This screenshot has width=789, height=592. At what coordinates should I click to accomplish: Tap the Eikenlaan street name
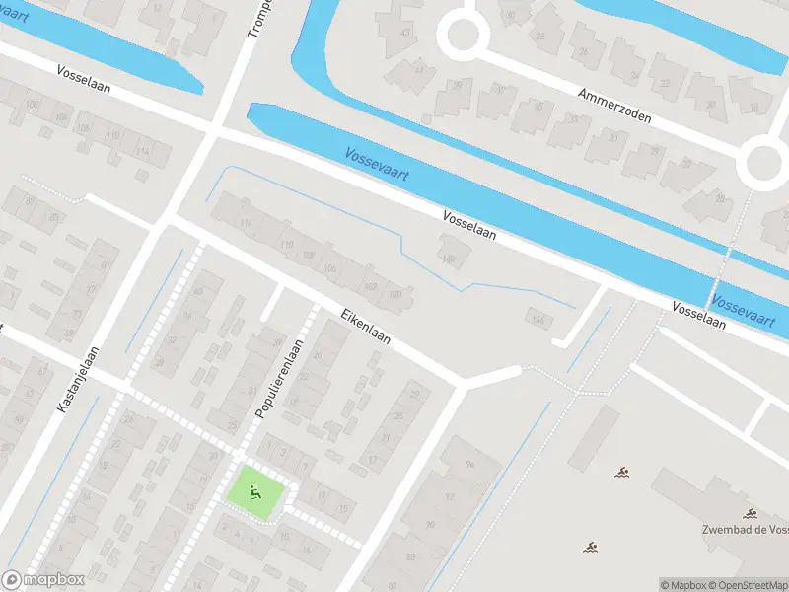click(366, 326)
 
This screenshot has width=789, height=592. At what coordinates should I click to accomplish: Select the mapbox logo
click(42, 580)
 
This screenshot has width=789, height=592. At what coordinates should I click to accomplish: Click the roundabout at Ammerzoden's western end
click(463, 36)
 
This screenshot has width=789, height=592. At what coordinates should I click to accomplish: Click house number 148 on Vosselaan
click(449, 259)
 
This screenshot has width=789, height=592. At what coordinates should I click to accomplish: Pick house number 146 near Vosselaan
click(538, 318)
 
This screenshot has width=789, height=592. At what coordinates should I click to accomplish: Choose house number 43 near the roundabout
click(405, 32)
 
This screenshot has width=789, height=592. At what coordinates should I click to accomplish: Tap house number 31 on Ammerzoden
click(614, 137)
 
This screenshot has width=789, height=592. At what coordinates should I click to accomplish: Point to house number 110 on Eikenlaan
click(287, 243)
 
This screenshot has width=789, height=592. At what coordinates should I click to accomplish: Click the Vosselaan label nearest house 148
click(468, 226)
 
